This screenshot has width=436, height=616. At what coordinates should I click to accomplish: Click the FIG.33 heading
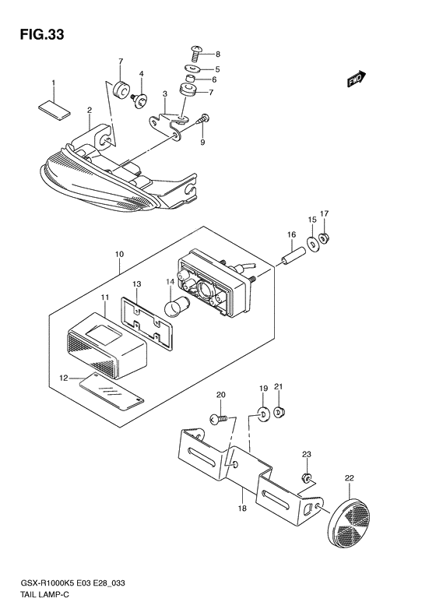(42, 35)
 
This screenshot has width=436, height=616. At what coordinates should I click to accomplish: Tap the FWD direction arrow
(357, 79)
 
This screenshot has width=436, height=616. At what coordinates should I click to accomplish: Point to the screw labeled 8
(195, 54)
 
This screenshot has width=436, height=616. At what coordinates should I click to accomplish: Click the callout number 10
(119, 254)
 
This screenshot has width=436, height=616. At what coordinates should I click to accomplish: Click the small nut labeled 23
(307, 478)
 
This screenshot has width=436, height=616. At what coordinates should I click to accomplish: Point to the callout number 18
(242, 509)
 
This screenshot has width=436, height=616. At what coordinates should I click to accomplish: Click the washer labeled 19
(263, 414)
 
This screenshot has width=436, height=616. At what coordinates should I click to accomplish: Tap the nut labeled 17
(324, 238)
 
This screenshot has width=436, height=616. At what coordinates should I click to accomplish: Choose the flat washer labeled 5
(193, 69)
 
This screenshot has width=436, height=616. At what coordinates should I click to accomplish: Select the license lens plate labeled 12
(111, 392)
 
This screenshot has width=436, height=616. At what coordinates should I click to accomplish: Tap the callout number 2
(90, 110)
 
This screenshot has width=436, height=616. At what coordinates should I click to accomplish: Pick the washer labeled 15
(313, 245)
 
